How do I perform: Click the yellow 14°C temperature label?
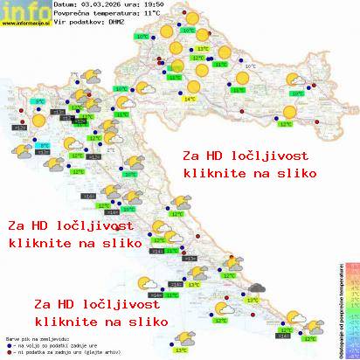tap(189, 100)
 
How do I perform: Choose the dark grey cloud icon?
tap(256, 287)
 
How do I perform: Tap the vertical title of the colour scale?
tap(339, 306)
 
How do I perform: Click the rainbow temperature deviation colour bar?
tap(351, 306)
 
